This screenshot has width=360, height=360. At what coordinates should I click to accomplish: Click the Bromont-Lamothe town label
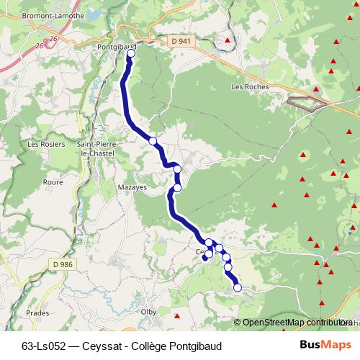pos(34,14)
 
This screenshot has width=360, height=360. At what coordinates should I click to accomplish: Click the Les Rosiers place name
pos(41,144)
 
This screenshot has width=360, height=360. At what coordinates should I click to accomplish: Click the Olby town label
pos(150,312)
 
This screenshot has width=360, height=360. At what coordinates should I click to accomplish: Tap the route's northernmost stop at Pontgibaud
pos(131,53)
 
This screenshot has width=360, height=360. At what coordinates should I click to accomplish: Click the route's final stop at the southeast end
pos(238,288)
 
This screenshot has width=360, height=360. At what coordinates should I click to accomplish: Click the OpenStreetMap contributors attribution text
pos(296,323)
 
